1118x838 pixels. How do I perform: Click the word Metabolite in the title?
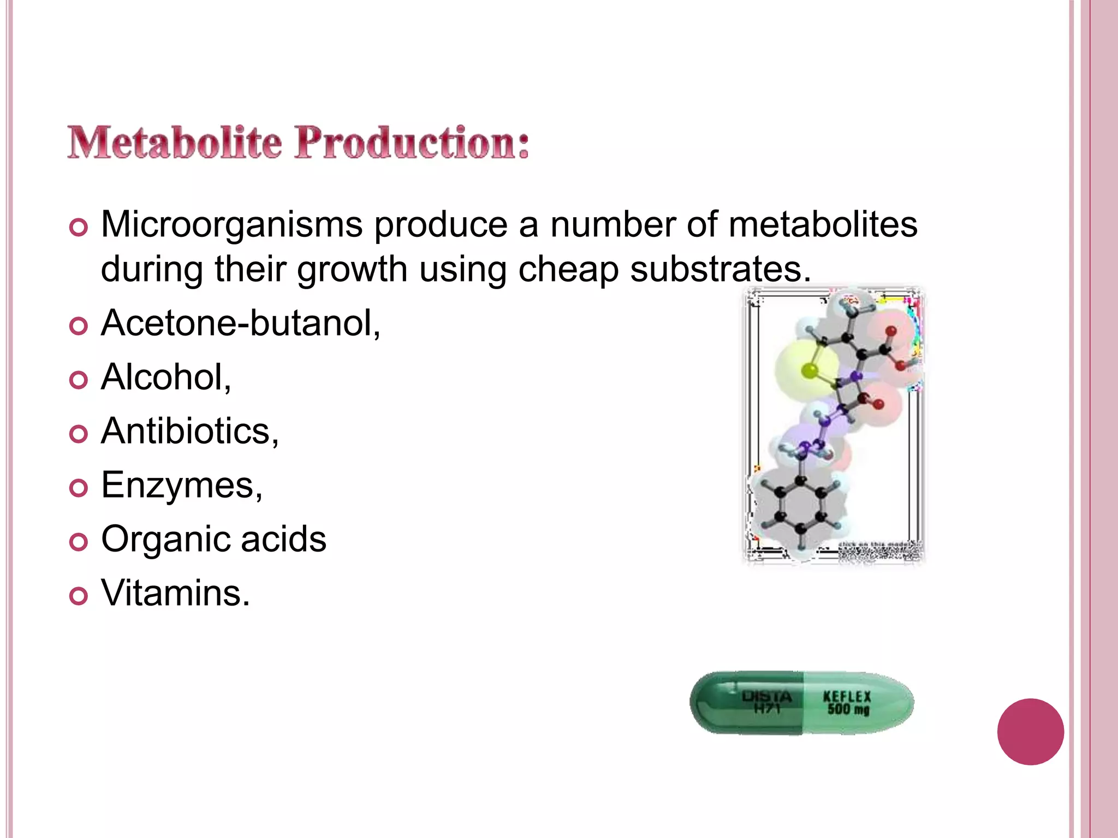(175, 143)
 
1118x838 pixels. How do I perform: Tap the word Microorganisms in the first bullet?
(232, 224)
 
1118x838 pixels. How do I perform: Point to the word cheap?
(568, 270)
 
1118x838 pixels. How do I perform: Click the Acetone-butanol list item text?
(241, 323)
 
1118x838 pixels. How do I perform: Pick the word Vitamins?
(175, 593)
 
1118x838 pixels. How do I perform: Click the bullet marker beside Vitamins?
(79, 596)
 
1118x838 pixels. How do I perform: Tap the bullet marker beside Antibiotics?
(79, 434)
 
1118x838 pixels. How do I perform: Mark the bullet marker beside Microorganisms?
(79, 228)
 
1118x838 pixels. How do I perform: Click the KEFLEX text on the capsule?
(847, 696)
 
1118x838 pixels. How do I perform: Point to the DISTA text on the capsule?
(766, 696)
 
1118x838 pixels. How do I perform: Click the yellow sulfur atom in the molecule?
(810, 371)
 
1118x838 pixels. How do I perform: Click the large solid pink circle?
(1030, 732)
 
